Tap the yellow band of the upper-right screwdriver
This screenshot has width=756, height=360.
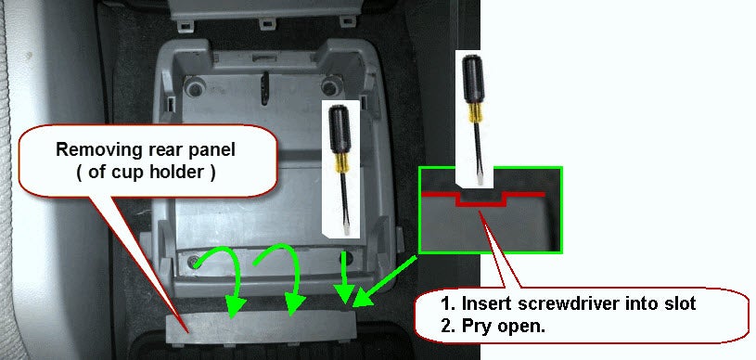point(475,112)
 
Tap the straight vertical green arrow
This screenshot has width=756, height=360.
point(344,277)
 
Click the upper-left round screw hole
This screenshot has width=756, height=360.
point(194,87)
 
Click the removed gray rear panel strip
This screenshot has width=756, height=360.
point(261,328)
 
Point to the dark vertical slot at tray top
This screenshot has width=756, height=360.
point(265,89)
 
